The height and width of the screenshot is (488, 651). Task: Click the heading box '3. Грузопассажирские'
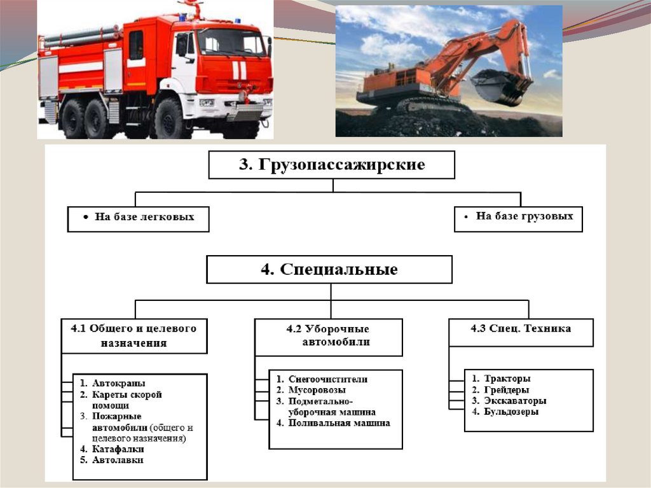click(331, 165)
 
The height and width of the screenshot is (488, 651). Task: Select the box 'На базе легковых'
click(138, 218)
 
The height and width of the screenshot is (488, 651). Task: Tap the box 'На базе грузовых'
click(519, 216)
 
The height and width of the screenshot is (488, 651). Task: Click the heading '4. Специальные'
click(329, 269)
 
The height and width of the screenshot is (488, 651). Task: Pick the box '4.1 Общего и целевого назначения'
click(134, 335)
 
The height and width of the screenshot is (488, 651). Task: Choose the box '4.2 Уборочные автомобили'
click(328, 336)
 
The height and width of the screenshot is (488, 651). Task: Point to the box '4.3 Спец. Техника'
click(521, 329)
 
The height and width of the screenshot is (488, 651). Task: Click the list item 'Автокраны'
click(118, 383)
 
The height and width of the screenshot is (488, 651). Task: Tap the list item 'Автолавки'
click(118, 459)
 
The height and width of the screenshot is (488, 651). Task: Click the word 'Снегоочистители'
click(327, 379)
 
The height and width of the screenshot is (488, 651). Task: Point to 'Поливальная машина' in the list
click(339, 423)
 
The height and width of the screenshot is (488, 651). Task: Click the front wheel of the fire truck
click(168, 119)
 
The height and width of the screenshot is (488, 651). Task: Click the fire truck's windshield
click(232, 43)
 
